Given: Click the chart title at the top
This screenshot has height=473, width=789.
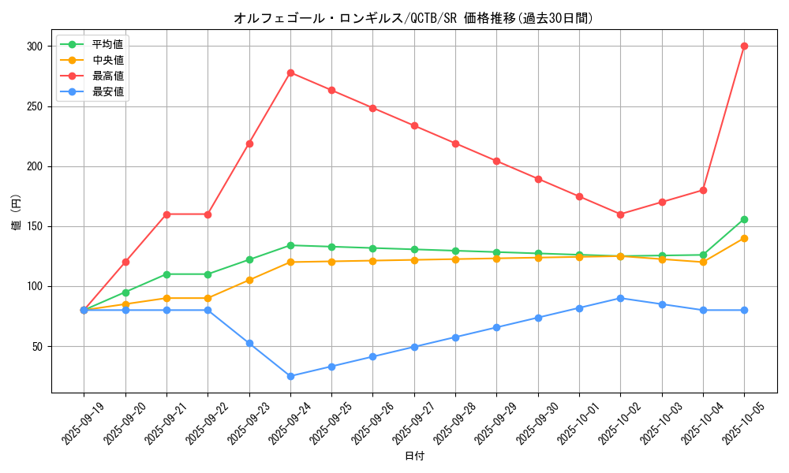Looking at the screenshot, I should pyautogui.click(x=413, y=18).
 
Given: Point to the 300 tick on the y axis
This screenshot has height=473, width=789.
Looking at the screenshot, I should pyautogui.click(x=35, y=47).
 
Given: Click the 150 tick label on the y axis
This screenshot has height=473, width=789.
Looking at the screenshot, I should pyautogui.click(x=35, y=226).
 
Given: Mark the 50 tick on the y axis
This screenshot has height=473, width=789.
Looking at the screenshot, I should pyautogui.click(x=38, y=346).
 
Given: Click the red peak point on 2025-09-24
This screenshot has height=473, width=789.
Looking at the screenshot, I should pyautogui.click(x=290, y=73).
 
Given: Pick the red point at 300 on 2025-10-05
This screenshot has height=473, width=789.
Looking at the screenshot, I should pyautogui.click(x=744, y=47).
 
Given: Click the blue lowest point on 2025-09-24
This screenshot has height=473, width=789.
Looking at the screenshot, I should pyautogui.click(x=290, y=376).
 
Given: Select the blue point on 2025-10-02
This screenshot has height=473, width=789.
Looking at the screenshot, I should pyautogui.click(x=620, y=298).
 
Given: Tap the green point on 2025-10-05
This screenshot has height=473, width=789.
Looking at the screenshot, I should pyautogui.click(x=744, y=219).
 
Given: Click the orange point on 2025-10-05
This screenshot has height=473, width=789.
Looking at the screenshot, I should pyautogui.click(x=744, y=238).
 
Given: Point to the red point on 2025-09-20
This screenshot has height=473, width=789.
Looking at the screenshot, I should pyautogui.click(x=125, y=262).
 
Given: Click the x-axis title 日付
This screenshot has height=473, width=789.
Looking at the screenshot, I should pyautogui.click(x=414, y=456).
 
